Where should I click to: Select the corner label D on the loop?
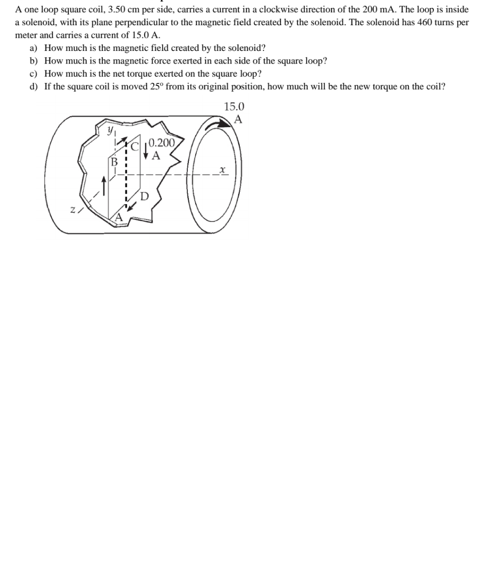tap(144, 196)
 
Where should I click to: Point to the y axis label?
tap(111, 130)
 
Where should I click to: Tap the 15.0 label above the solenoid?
tap(234, 106)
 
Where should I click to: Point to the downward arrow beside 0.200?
tap(146, 150)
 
